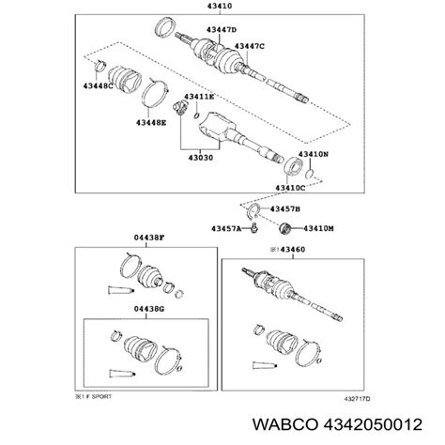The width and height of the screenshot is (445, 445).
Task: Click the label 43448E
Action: [x=150, y=120]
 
